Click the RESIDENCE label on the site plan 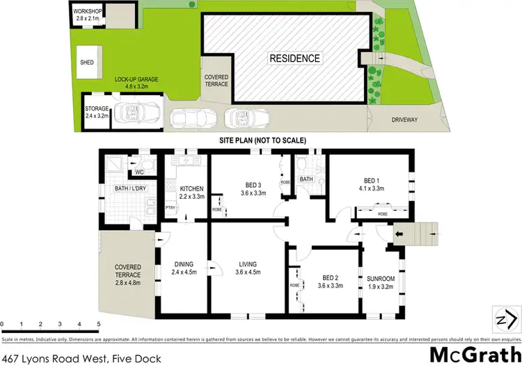coord(294,58)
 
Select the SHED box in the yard coord(88,62)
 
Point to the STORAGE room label coord(97,108)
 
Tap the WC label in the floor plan coord(139,172)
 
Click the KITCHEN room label coord(191,188)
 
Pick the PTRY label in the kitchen coord(170,207)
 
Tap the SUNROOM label coord(380,278)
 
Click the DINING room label coord(184,264)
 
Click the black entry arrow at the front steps coord(399,234)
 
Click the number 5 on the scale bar coord(99,325)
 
